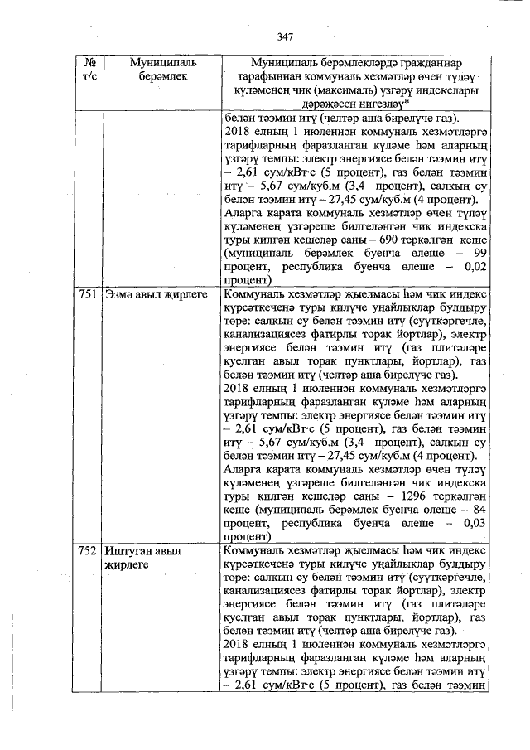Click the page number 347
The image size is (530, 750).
tap(287, 36)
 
